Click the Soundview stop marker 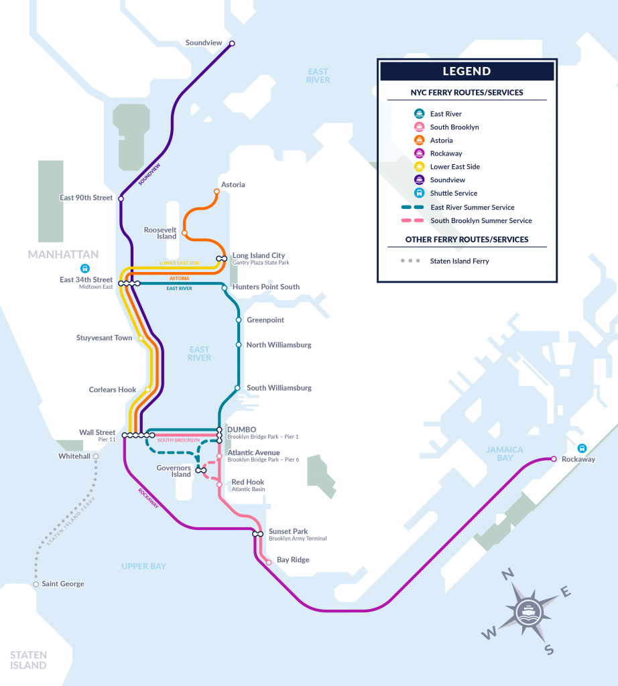(232, 44)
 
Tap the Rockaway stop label (579, 460)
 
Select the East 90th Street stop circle (121, 198)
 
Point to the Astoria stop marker (217, 192)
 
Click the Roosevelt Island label (160, 232)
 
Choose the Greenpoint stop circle (239, 320)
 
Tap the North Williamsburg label (279, 345)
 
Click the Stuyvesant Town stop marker (141, 338)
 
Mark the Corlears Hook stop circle (147, 390)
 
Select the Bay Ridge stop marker (269, 563)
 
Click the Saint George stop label (63, 584)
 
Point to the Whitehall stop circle (96, 456)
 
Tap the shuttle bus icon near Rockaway (581, 448)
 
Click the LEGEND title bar (467, 71)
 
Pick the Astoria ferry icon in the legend (418, 140)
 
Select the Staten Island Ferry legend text (459, 261)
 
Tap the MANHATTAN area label (63, 255)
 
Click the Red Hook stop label (247, 482)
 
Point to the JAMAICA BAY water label (505, 454)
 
